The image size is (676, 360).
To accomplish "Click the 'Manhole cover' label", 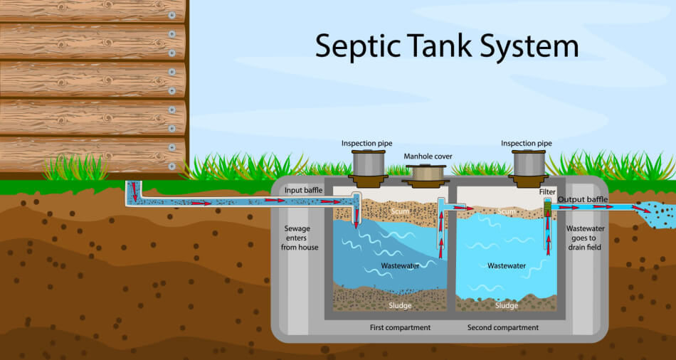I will [x=428, y=157].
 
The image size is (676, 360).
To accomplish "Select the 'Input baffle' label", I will [x=303, y=191].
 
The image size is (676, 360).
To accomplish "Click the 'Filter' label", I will [x=546, y=191].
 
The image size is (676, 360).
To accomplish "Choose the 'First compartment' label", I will [x=400, y=327].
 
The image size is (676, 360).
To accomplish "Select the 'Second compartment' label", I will [x=502, y=327].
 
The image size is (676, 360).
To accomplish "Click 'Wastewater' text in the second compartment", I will [x=507, y=265].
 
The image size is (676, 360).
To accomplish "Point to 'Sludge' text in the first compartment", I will [x=400, y=305].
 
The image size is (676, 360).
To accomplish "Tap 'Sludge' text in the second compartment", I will [x=507, y=305].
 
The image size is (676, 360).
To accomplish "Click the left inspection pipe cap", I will [x=366, y=162].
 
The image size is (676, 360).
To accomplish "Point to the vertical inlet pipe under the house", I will [x=133, y=192].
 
